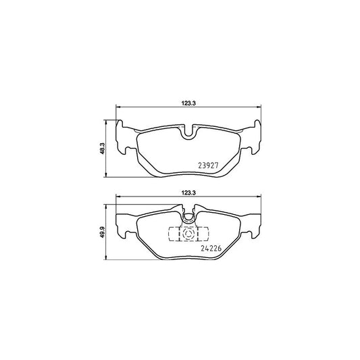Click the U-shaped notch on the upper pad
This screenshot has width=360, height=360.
coord(189,133)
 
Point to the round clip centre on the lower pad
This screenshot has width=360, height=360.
coord(189,234)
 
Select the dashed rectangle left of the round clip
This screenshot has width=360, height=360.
coord(174,234)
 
